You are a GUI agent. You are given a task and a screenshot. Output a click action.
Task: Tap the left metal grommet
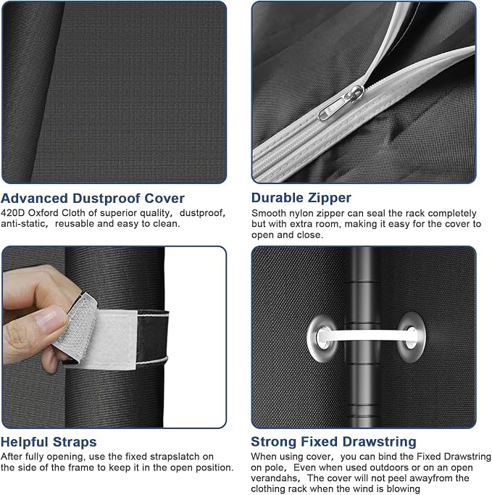click(322, 338)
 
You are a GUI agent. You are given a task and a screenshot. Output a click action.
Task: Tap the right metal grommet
click(412, 337)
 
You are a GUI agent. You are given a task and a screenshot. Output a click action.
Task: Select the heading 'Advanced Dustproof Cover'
click(93, 199)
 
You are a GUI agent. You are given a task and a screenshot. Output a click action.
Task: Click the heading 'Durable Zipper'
click(301, 198)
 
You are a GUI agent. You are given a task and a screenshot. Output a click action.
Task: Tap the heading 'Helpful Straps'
click(49, 442)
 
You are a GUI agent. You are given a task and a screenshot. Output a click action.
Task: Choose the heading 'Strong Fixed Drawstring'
click(333, 441)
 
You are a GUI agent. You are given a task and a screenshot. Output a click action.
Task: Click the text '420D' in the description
click(13, 213)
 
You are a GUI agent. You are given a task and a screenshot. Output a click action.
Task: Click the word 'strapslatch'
click(175, 457)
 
